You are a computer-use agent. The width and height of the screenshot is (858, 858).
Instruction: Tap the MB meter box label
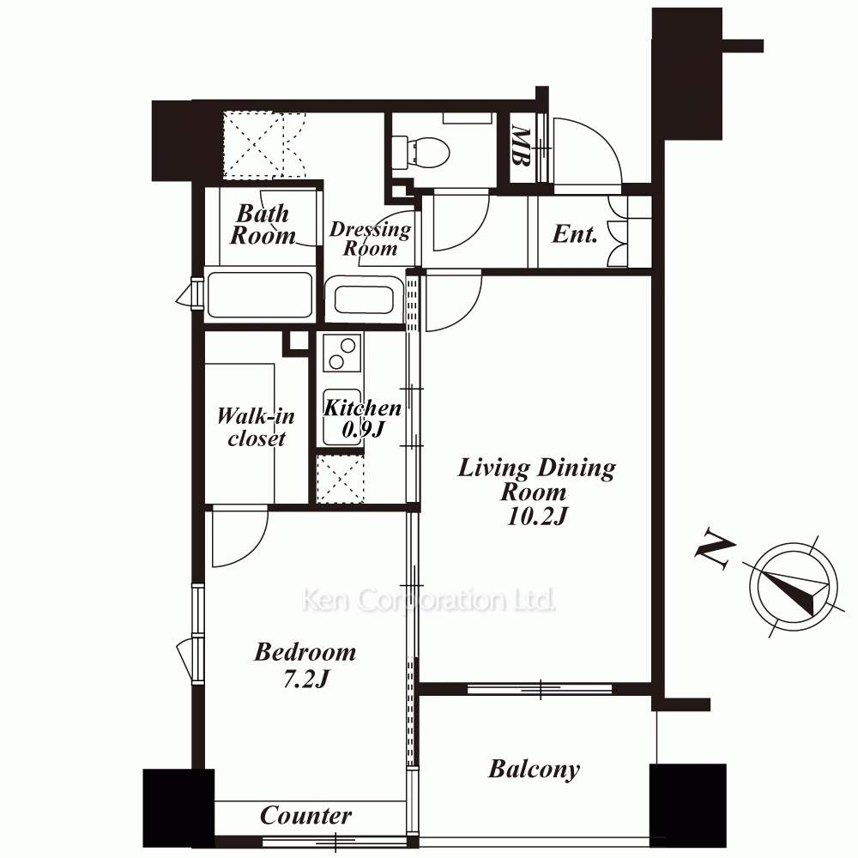click(521, 146)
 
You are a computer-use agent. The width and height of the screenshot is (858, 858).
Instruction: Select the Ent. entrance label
click(574, 234)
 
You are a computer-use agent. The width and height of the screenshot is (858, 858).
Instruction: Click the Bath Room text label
click(263, 224)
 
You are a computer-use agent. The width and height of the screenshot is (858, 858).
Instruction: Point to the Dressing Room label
click(370, 239)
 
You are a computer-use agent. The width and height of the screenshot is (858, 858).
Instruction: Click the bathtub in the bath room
click(259, 294)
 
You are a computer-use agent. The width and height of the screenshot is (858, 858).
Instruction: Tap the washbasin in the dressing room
click(364, 299)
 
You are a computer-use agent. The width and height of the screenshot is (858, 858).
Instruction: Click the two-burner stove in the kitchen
click(342, 353)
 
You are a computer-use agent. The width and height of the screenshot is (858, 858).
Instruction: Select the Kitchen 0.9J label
click(362, 419)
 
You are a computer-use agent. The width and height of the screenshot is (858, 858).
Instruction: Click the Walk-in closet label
click(256, 427)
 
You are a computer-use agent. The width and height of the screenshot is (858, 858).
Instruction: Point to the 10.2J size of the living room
click(536, 516)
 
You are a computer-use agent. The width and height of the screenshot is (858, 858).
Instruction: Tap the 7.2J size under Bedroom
click(306, 679)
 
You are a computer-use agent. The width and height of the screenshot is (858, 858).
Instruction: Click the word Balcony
click(534, 770)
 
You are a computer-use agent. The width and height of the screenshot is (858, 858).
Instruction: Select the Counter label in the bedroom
click(305, 816)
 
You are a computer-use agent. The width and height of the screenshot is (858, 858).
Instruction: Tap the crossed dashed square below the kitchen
click(341, 480)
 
